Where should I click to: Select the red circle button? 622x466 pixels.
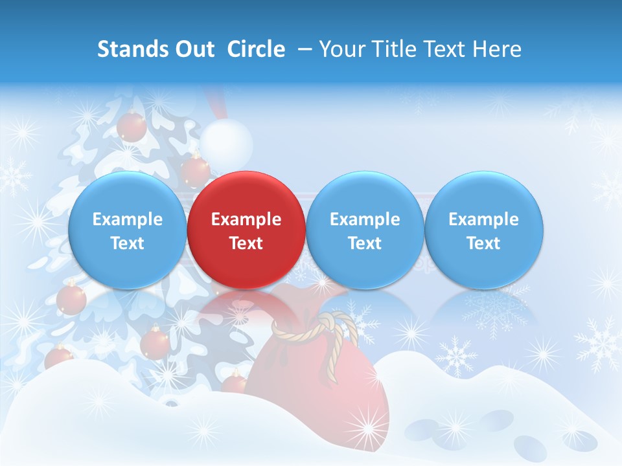click(x=246, y=230)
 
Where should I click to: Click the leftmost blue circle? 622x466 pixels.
click(x=127, y=230)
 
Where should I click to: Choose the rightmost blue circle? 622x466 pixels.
click(x=483, y=230)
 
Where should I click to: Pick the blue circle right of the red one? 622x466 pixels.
click(x=365, y=230)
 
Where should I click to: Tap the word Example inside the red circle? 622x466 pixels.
click(x=246, y=219)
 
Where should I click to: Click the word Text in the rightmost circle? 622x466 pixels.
click(x=483, y=243)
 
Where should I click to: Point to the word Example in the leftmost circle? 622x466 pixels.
click(x=127, y=219)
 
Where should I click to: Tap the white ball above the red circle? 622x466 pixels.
click(x=225, y=140)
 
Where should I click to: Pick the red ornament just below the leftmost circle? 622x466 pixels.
click(x=71, y=299)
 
